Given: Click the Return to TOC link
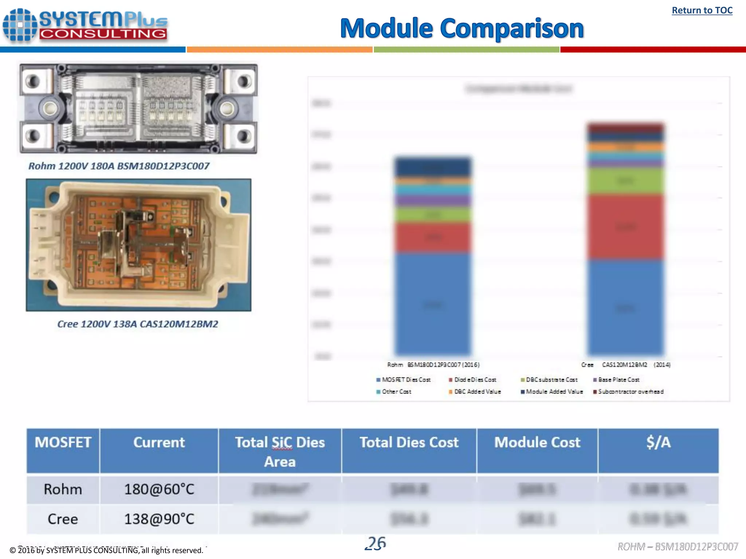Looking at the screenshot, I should pos(702,10).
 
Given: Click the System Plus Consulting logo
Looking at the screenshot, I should pos(86,25).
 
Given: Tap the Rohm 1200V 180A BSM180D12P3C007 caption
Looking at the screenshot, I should pos(119,166).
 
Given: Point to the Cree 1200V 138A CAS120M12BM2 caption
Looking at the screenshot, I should pos(138,324).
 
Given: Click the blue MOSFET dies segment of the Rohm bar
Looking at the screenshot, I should pos(433,304).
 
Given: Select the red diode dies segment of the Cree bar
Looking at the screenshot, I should pos(625,227).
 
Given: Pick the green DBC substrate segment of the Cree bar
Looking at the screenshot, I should pos(625,181).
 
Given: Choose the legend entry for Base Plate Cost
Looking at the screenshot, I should pos(616,380).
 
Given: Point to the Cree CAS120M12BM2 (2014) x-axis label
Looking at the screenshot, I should pos(625,365).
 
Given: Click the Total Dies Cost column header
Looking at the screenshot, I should pos(409,443).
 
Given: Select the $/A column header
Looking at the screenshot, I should pos(658,443).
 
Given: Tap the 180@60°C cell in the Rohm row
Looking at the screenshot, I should pos(159,489).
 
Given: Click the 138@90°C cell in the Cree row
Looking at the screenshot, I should pos(159,519).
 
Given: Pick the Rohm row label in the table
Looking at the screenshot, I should pos(63,489).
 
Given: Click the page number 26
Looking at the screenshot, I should pos(376,543).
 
